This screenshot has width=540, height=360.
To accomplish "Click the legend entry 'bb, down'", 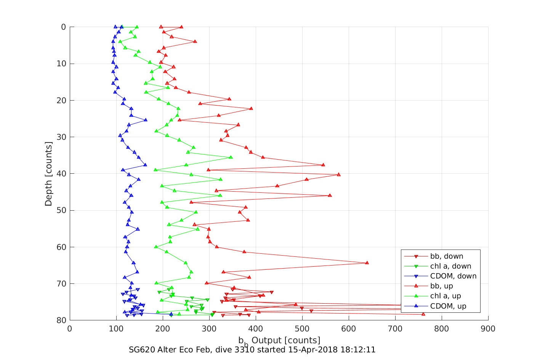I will pos(447,256).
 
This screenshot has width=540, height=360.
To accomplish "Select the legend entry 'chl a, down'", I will pos(450,266).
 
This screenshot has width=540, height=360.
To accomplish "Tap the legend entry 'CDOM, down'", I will pos(453,276).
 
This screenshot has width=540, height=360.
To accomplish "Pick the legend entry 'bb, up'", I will pos(442,286).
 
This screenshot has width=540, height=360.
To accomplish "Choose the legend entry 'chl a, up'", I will pos(445,296).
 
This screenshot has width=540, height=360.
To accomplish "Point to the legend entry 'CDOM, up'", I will pos(448,306).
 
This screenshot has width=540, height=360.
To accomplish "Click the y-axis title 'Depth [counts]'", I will pos(48,174).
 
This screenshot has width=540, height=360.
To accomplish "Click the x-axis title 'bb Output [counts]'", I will pos(279,340).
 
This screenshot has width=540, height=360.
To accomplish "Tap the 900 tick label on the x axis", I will pos(488,329).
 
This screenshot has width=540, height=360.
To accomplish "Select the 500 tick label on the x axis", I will pos(302,329).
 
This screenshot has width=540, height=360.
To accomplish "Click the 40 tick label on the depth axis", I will pos(61,174).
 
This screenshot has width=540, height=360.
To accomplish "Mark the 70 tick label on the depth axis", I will pos(61,284).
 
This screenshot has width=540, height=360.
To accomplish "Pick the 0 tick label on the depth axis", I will pos(63,27).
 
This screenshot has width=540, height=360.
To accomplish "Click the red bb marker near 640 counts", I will pos(367,263).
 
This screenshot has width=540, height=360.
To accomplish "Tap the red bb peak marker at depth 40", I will pos(339,174).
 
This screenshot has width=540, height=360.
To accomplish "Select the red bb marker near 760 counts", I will pos(423,314).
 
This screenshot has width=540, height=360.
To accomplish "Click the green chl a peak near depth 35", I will pos(231,157).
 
